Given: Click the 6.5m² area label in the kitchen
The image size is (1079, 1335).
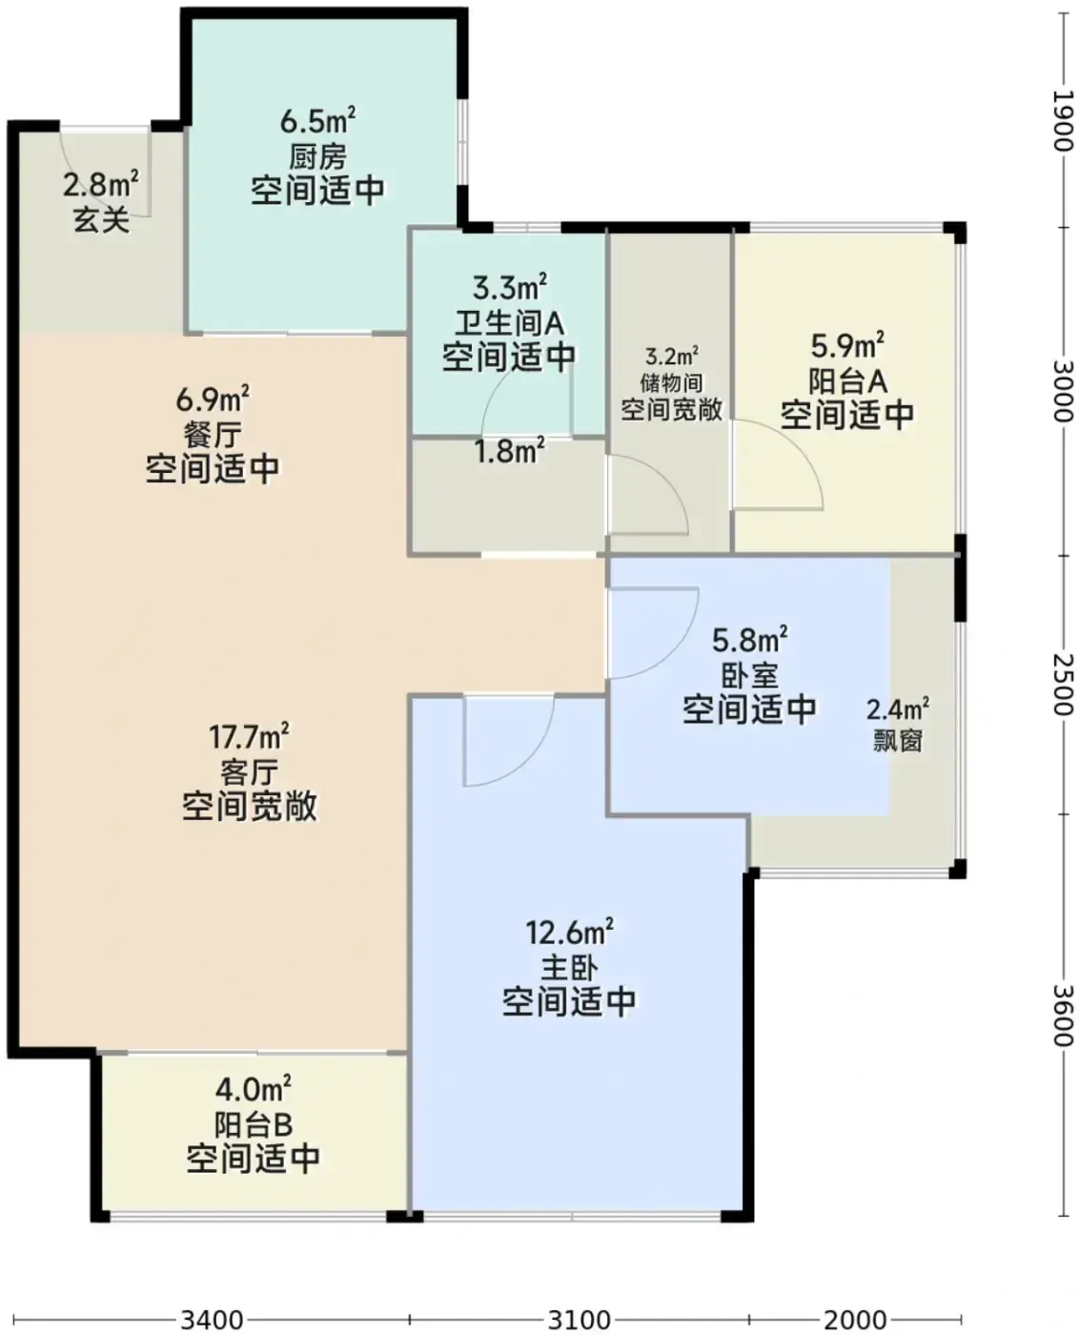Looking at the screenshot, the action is click(x=317, y=120).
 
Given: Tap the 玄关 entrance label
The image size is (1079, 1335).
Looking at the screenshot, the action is click(x=101, y=219).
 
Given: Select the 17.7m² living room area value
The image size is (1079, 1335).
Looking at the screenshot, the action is click(x=249, y=736).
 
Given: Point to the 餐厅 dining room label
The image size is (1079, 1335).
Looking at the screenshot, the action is click(x=214, y=434).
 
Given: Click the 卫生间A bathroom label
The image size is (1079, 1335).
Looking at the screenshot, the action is click(x=509, y=323).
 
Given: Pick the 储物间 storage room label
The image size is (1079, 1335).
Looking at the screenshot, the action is click(x=671, y=382).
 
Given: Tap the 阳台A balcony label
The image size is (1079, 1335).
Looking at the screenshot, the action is click(x=847, y=380).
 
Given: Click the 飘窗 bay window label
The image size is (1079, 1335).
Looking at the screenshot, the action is click(x=897, y=742).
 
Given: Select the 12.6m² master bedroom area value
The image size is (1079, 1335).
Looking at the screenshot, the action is click(x=569, y=932).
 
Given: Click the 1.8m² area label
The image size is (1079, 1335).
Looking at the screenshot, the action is click(x=509, y=451).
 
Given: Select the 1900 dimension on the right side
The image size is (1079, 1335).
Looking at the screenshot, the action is click(x=1064, y=121).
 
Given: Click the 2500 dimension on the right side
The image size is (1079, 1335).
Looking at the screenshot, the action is click(x=1064, y=685).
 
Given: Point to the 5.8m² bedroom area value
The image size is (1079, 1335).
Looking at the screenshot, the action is click(x=750, y=640).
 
